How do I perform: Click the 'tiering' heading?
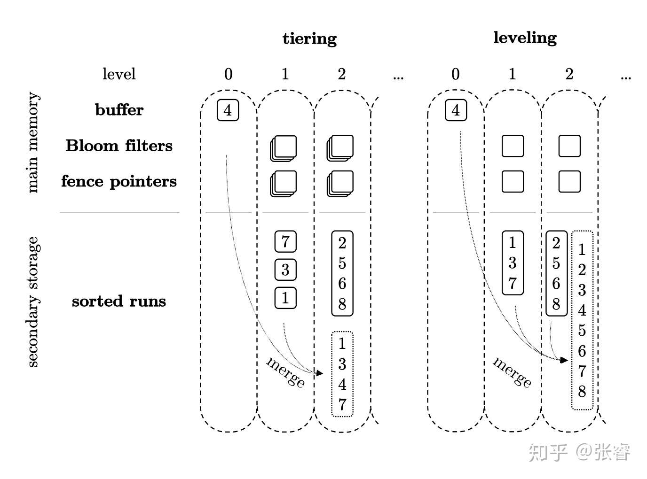click(309, 39)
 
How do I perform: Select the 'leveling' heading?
click(525, 38)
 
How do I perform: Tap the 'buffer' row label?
click(119, 110)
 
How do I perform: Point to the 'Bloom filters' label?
click(119, 146)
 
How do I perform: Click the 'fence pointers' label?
click(119, 182)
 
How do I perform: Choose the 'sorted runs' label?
click(119, 301)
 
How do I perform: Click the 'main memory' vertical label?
click(33, 142)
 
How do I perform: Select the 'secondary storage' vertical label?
click(33, 302)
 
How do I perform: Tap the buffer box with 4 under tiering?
click(228, 110)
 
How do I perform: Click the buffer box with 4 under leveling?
click(456, 110)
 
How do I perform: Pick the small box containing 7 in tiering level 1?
click(285, 241)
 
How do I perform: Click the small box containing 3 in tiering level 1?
click(285, 270)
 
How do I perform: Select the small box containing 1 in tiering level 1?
click(285, 298)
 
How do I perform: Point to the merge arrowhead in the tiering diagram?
click(320, 373)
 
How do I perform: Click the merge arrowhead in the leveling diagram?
click(564, 360)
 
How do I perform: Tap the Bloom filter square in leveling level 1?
click(513, 146)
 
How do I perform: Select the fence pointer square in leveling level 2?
click(569, 182)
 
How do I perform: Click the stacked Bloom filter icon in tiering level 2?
click(340, 148)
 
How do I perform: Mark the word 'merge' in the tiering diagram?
click(285, 373)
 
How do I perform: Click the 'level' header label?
click(119, 74)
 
